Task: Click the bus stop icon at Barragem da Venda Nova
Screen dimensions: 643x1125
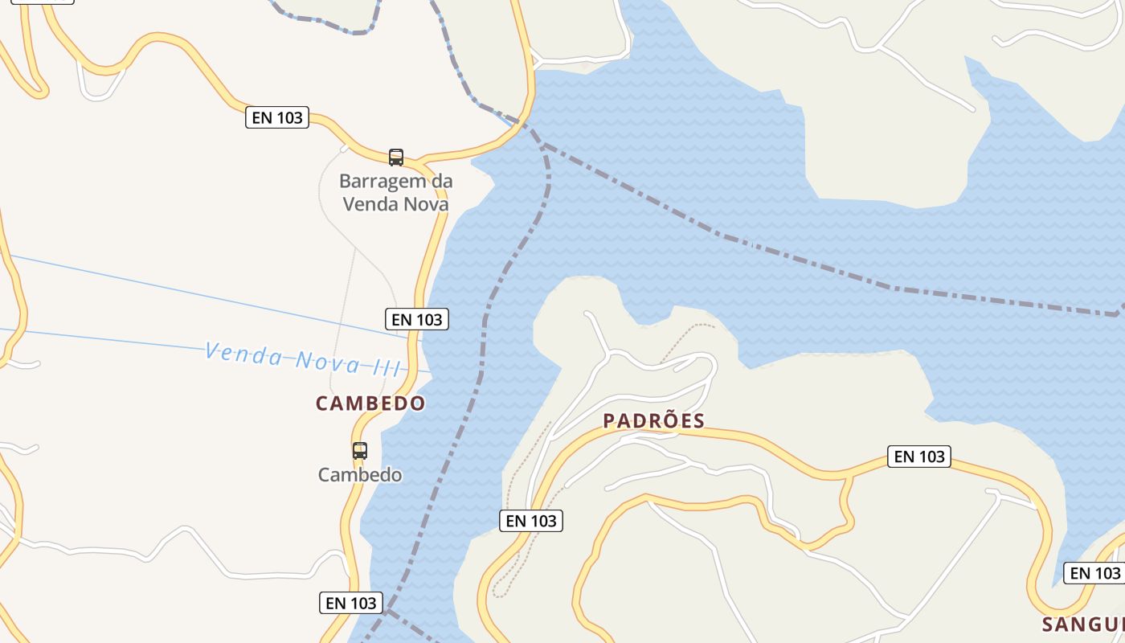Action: tap(395, 157)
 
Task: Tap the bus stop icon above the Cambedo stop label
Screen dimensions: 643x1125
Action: tap(359, 451)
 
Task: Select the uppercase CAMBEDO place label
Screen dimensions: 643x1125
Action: tap(370, 403)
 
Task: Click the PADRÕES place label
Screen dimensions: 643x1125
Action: tap(653, 420)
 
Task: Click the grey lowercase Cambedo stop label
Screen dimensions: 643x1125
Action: tap(360, 475)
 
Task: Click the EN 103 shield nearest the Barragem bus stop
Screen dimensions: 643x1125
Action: tap(277, 117)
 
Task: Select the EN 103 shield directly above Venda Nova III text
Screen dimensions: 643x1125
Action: tap(417, 319)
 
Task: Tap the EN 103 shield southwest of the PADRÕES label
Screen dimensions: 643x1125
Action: tap(531, 521)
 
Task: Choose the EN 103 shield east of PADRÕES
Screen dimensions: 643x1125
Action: tap(919, 457)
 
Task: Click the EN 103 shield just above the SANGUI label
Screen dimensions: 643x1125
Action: tap(1095, 573)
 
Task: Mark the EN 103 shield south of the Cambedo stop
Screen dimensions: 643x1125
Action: tap(351, 602)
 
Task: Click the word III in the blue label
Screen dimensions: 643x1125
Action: tap(387, 367)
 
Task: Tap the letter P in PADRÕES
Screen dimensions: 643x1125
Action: tap(609, 420)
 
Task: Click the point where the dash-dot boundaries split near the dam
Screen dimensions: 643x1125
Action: tap(544, 145)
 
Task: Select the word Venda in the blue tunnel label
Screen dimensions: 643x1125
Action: tap(242, 354)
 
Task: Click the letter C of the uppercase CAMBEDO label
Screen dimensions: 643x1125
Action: tap(322, 403)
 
